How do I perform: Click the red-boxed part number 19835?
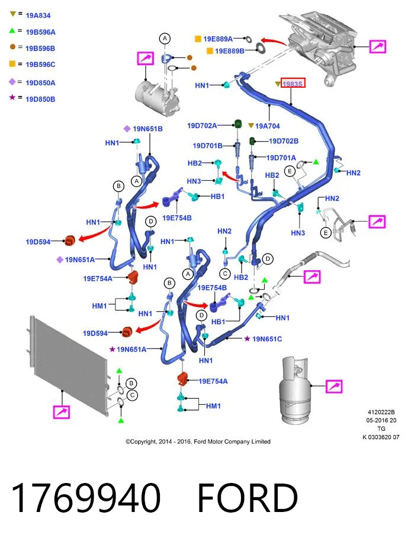[293, 84]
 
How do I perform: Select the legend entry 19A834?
[38, 15]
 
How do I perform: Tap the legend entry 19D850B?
[40, 99]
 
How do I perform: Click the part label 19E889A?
[218, 39]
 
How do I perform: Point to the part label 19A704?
[267, 126]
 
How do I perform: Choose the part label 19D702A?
[202, 126]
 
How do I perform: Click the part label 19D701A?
[281, 158]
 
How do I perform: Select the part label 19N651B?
[147, 129]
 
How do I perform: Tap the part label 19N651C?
[267, 339]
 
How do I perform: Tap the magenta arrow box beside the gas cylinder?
[334, 386]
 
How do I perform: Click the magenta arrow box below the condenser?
[62, 412]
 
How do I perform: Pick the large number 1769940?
[86, 497]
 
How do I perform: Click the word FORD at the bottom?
[247, 498]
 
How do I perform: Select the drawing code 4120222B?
[381, 412]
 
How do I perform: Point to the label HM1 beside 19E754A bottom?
[213, 406]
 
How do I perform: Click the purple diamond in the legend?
[12, 82]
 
